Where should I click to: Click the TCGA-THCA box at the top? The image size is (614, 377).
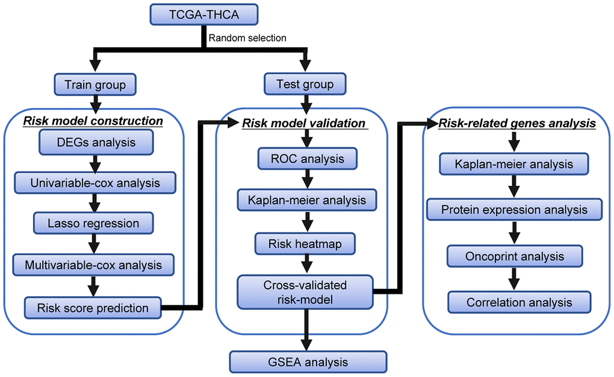[x=191, y=14]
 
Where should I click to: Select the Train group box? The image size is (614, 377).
[x=94, y=84]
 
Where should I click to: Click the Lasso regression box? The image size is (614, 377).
[x=93, y=223]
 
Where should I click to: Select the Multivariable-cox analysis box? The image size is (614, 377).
[x=93, y=264]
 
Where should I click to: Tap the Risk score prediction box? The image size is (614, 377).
[x=93, y=308]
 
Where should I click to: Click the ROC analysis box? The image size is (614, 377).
[x=307, y=159]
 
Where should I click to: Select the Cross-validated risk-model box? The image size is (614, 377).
[x=305, y=291]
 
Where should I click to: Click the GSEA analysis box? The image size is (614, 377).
[x=307, y=363]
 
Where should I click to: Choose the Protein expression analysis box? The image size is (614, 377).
[x=514, y=210]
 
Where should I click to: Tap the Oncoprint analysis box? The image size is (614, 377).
[x=514, y=256]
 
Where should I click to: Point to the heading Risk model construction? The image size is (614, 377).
[x=93, y=121]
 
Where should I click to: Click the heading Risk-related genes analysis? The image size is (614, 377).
[x=517, y=124]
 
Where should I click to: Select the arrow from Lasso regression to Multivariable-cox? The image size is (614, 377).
[x=93, y=243]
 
